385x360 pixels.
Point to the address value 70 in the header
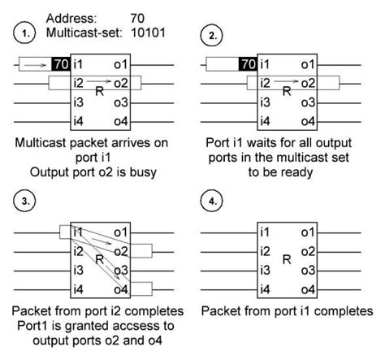138,15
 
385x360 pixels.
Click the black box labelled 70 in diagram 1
60,63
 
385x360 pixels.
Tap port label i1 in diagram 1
79,63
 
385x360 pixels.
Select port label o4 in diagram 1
122,121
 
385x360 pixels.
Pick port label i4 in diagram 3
79,289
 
